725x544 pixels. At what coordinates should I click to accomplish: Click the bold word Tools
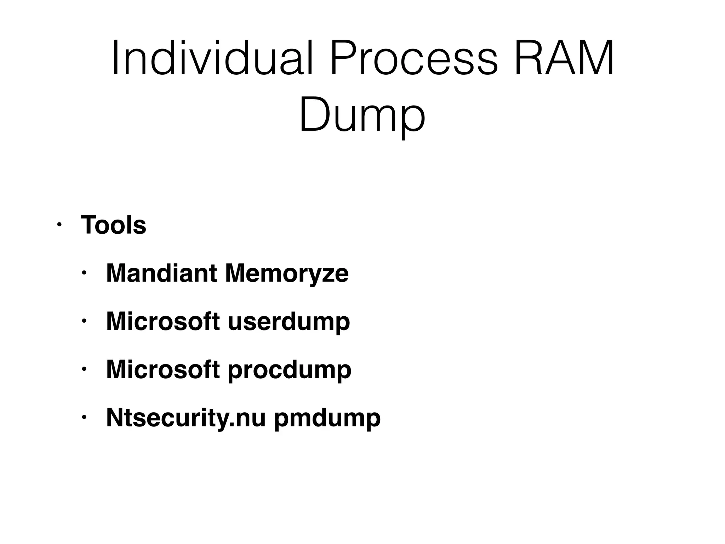[113, 225]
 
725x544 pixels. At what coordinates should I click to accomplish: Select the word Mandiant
[161, 273]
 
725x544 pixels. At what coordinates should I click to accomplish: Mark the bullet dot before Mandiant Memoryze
[84, 273]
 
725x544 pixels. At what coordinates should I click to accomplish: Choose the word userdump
[289, 321]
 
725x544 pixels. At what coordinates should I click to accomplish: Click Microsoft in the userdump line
[163, 321]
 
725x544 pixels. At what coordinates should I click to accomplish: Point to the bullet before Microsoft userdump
[84, 321]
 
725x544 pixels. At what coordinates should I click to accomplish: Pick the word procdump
[289, 369]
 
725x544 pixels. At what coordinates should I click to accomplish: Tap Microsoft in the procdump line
[163, 369]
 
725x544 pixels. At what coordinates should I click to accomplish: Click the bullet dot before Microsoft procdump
[84, 369]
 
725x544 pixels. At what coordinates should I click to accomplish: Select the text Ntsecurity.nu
[186, 418]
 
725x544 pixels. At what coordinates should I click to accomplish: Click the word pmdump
[327, 418]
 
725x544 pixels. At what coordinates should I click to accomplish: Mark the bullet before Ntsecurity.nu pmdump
[84, 418]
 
